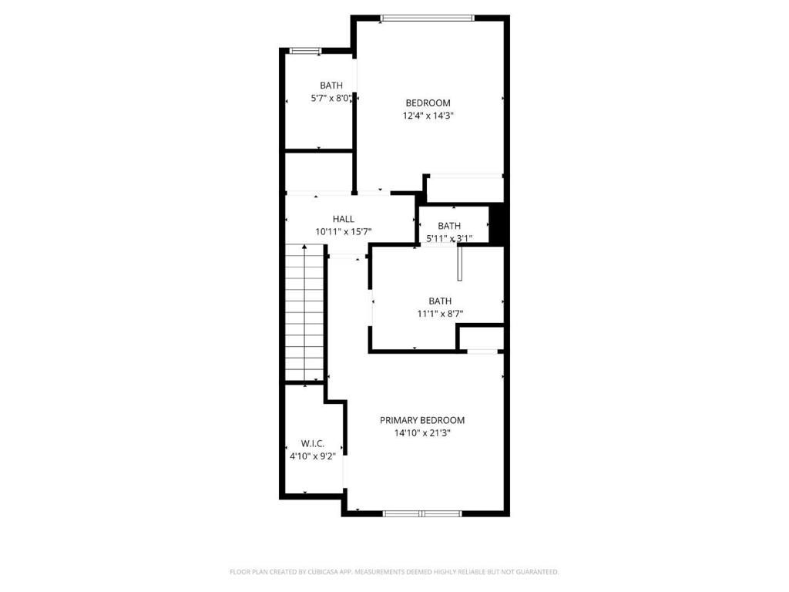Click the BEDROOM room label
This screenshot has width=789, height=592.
pyautogui.click(x=428, y=103)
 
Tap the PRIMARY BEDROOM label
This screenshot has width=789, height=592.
pyautogui.click(x=421, y=420)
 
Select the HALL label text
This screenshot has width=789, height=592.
pyautogui.click(x=344, y=219)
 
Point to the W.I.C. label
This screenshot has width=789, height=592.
pyautogui.click(x=312, y=443)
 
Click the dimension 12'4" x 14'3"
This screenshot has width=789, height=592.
pyautogui.click(x=428, y=116)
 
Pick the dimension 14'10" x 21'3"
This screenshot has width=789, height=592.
pyautogui.click(x=421, y=433)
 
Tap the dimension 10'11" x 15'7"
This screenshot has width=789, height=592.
pyautogui.click(x=344, y=231)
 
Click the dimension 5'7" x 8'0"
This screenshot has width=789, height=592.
pyautogui.click(x=331, y=98)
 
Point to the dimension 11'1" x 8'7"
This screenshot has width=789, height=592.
pyautogui.click(x=440, y=314)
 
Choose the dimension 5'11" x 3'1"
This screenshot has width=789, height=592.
pyautogui.click(x=448, y=239)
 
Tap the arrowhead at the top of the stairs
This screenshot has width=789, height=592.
pyautogui.click(x=305, y=247)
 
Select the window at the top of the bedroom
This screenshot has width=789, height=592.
pyautogui.click(x=428, y=18)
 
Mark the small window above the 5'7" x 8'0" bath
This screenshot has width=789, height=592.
pyautogui.click(x=305, y=51)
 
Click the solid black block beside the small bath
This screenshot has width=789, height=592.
pyautogui.click(x=498, y=224)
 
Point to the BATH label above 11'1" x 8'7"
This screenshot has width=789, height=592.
pyautogui.click(x=440, y=301)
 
